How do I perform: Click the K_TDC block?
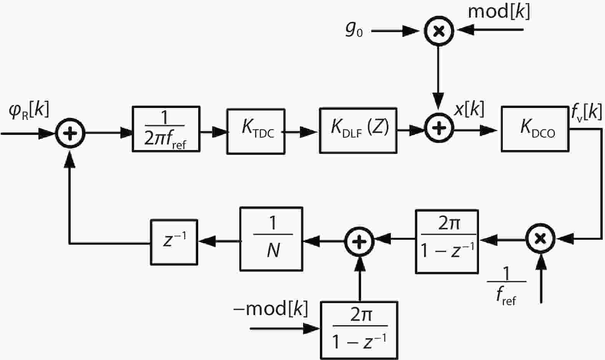click(256, 132)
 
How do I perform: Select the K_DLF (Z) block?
click(358, 131)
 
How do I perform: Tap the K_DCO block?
click(535, 129)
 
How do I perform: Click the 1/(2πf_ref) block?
click(166, 129)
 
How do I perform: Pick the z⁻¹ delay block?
click(174, 242)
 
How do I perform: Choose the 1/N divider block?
click(271, 239)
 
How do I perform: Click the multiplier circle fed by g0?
click(439, 31)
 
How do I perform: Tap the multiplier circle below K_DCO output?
click(540, 239)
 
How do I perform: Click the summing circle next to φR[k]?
click(70, 133)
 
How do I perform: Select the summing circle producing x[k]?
click(439, 128)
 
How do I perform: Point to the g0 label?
click(353, 30)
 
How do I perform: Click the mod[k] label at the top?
click(499, 12)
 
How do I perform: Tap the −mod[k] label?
click(271, 309)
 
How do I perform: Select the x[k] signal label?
click(469, 110)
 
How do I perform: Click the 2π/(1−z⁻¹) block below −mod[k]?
click(359, 330)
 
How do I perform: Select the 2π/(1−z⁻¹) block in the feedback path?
click(447, 242)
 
